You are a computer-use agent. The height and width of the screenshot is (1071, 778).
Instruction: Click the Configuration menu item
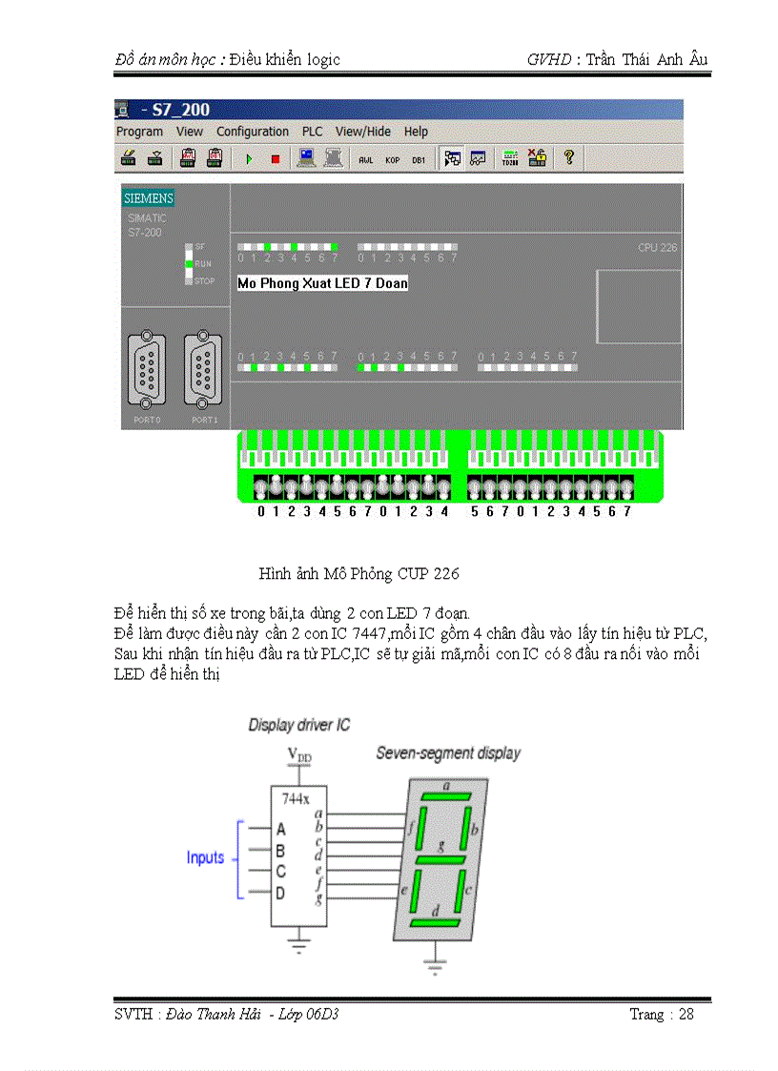[252, 132]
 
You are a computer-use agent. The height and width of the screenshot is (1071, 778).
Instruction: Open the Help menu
[416, 132]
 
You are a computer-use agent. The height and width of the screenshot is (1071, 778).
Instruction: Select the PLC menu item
[312, 132]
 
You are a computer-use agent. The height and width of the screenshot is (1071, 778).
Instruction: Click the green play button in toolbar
[249, 159]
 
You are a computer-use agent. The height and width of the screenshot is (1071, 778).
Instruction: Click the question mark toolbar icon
[568, 158]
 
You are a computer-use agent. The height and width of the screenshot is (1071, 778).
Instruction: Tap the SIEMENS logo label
[148, 198]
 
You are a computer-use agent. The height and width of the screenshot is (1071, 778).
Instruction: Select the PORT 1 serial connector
[204, 367]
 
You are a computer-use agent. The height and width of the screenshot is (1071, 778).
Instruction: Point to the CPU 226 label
[657, 248]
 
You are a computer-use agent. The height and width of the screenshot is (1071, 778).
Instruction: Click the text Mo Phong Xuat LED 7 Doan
[322, 283]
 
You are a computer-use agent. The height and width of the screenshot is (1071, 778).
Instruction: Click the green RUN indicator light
[190, 263]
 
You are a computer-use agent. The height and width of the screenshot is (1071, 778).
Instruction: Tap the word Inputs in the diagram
[205, 857]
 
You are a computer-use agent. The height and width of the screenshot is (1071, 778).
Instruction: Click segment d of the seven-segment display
[436, 923]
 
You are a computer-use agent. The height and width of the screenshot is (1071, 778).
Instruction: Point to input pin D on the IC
[280, 894]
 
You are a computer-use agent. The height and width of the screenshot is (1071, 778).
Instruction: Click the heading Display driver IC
[299, 725]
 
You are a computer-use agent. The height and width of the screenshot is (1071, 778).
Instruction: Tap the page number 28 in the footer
[686, 1014]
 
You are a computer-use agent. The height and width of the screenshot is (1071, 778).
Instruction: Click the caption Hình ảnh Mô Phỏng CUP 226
[358, 574]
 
